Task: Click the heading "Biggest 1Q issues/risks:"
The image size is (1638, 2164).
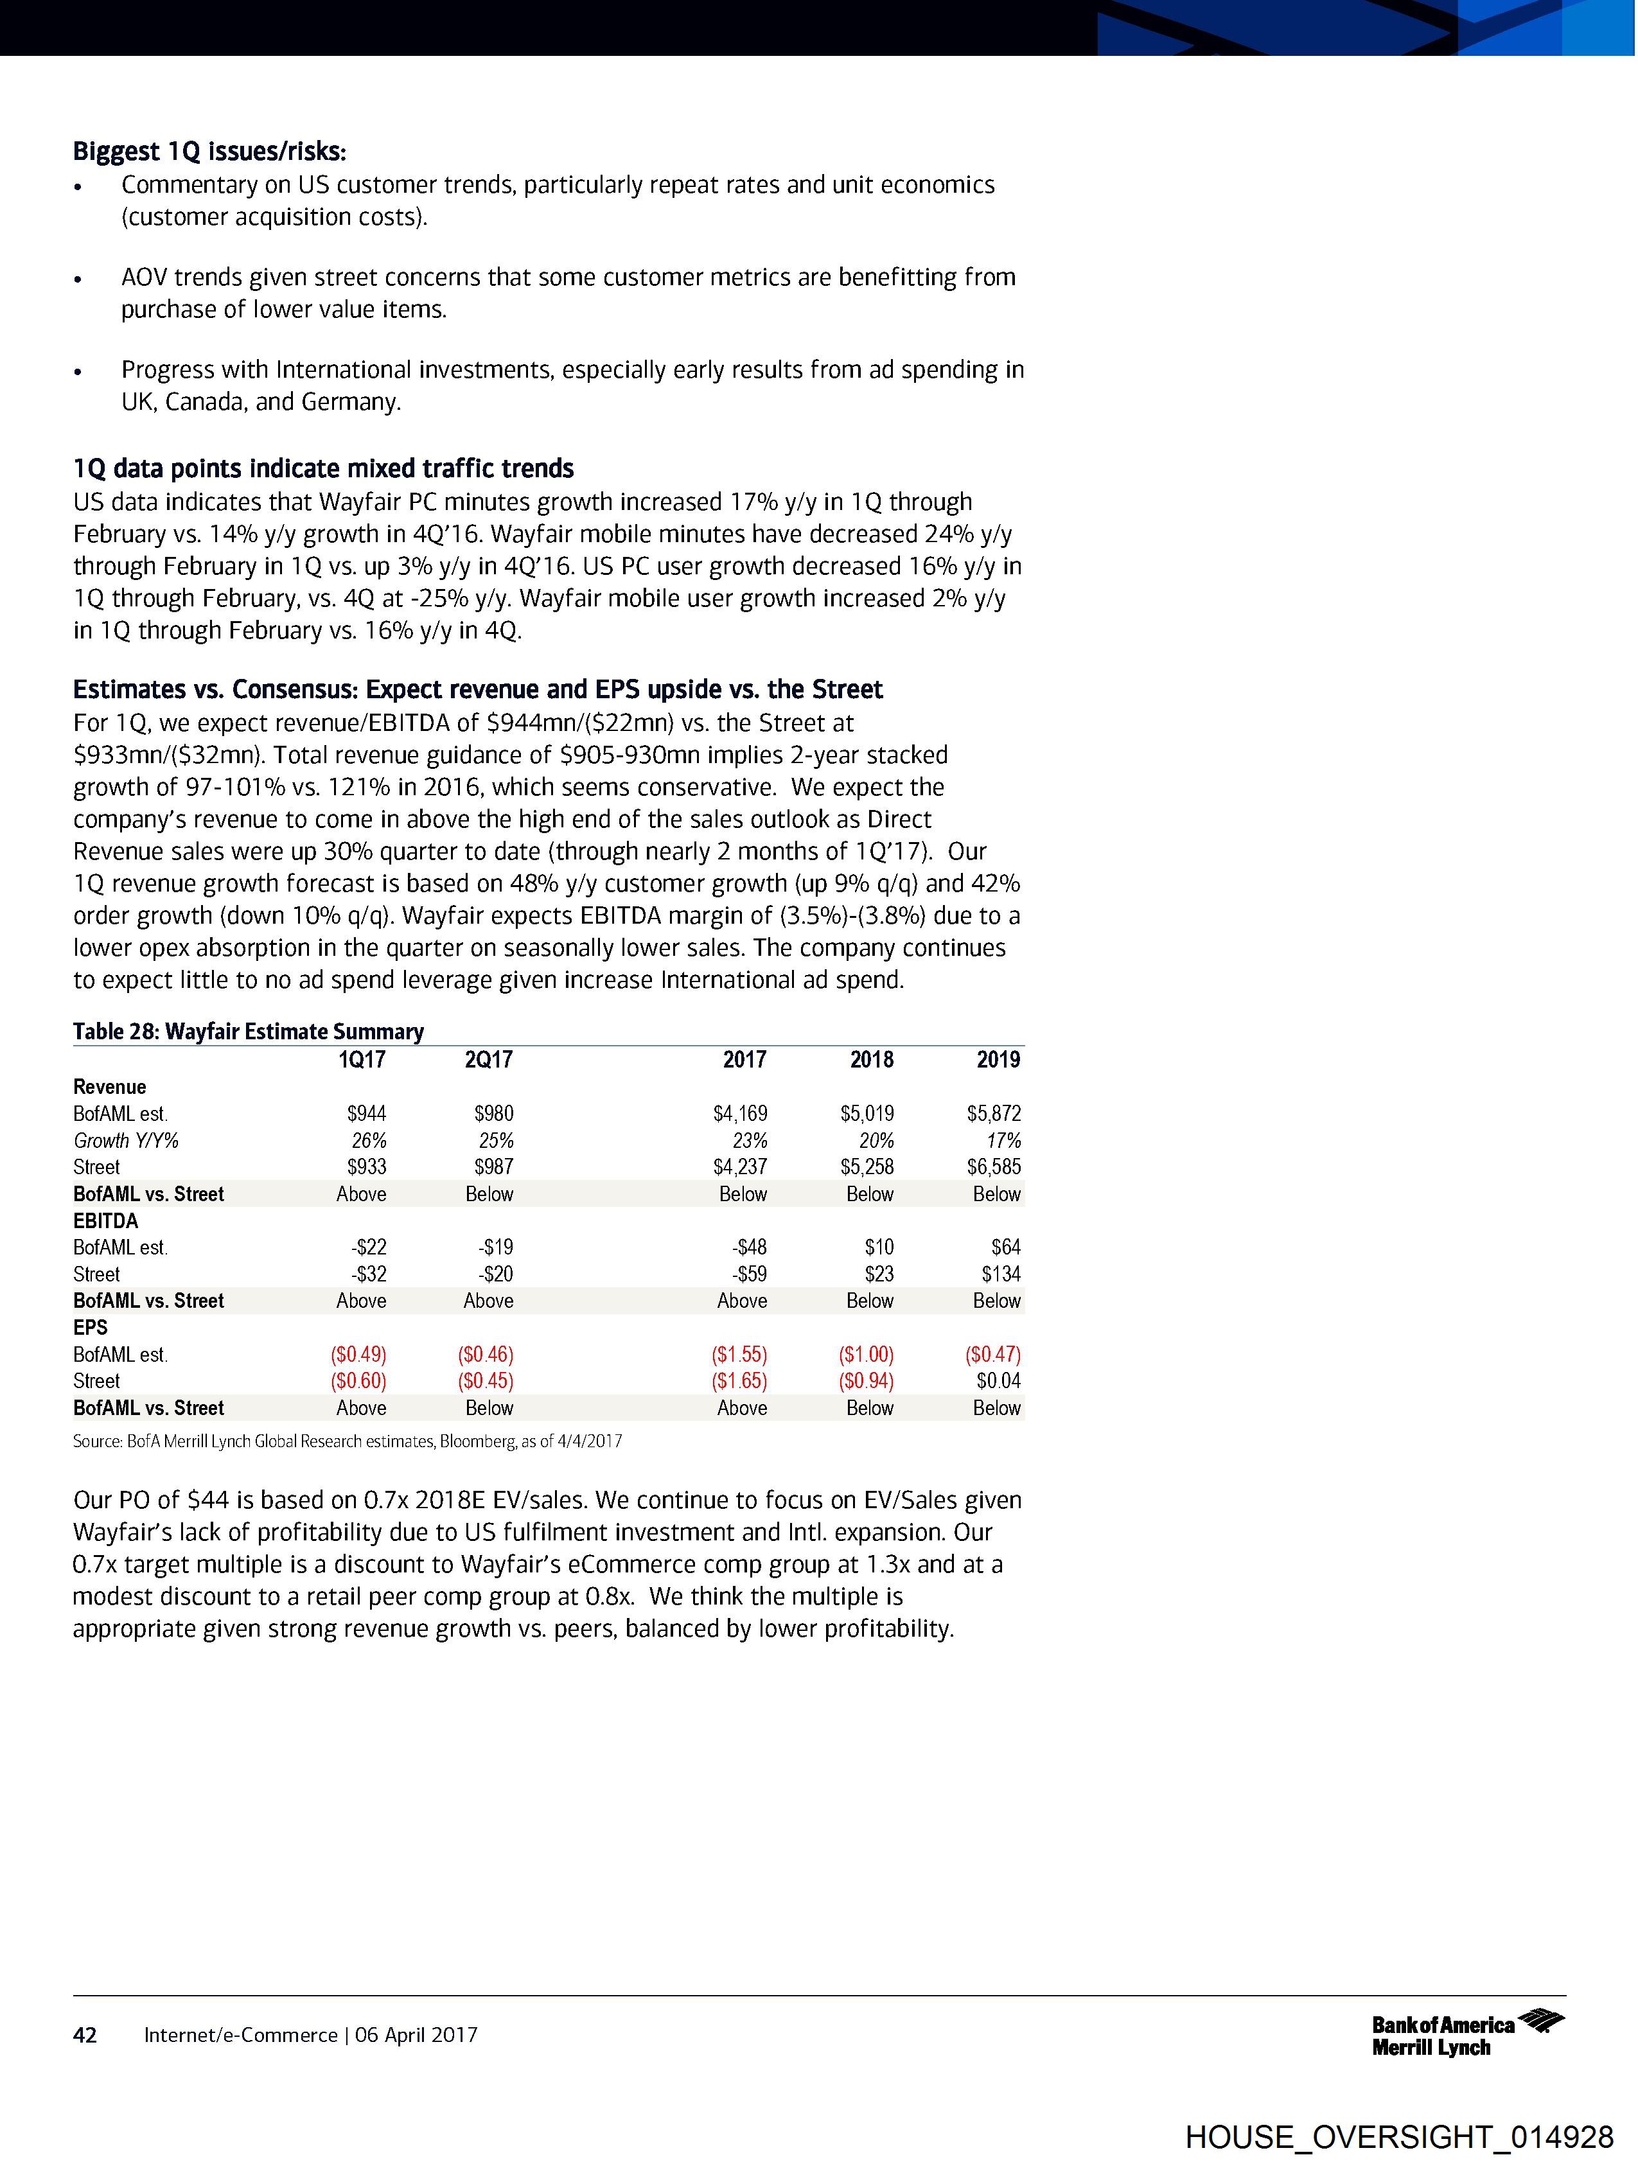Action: (209, 153)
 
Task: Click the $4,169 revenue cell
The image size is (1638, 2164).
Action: (740, 1113)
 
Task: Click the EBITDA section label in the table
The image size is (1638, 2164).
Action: (106, 1221)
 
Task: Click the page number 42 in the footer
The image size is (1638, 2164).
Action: (85, 2035)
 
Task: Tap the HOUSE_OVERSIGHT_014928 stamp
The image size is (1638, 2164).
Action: (1399, 2136)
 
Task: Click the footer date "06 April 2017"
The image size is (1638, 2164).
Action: (417, 2035)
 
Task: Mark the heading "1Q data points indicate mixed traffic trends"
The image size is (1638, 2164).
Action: (323, 469)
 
